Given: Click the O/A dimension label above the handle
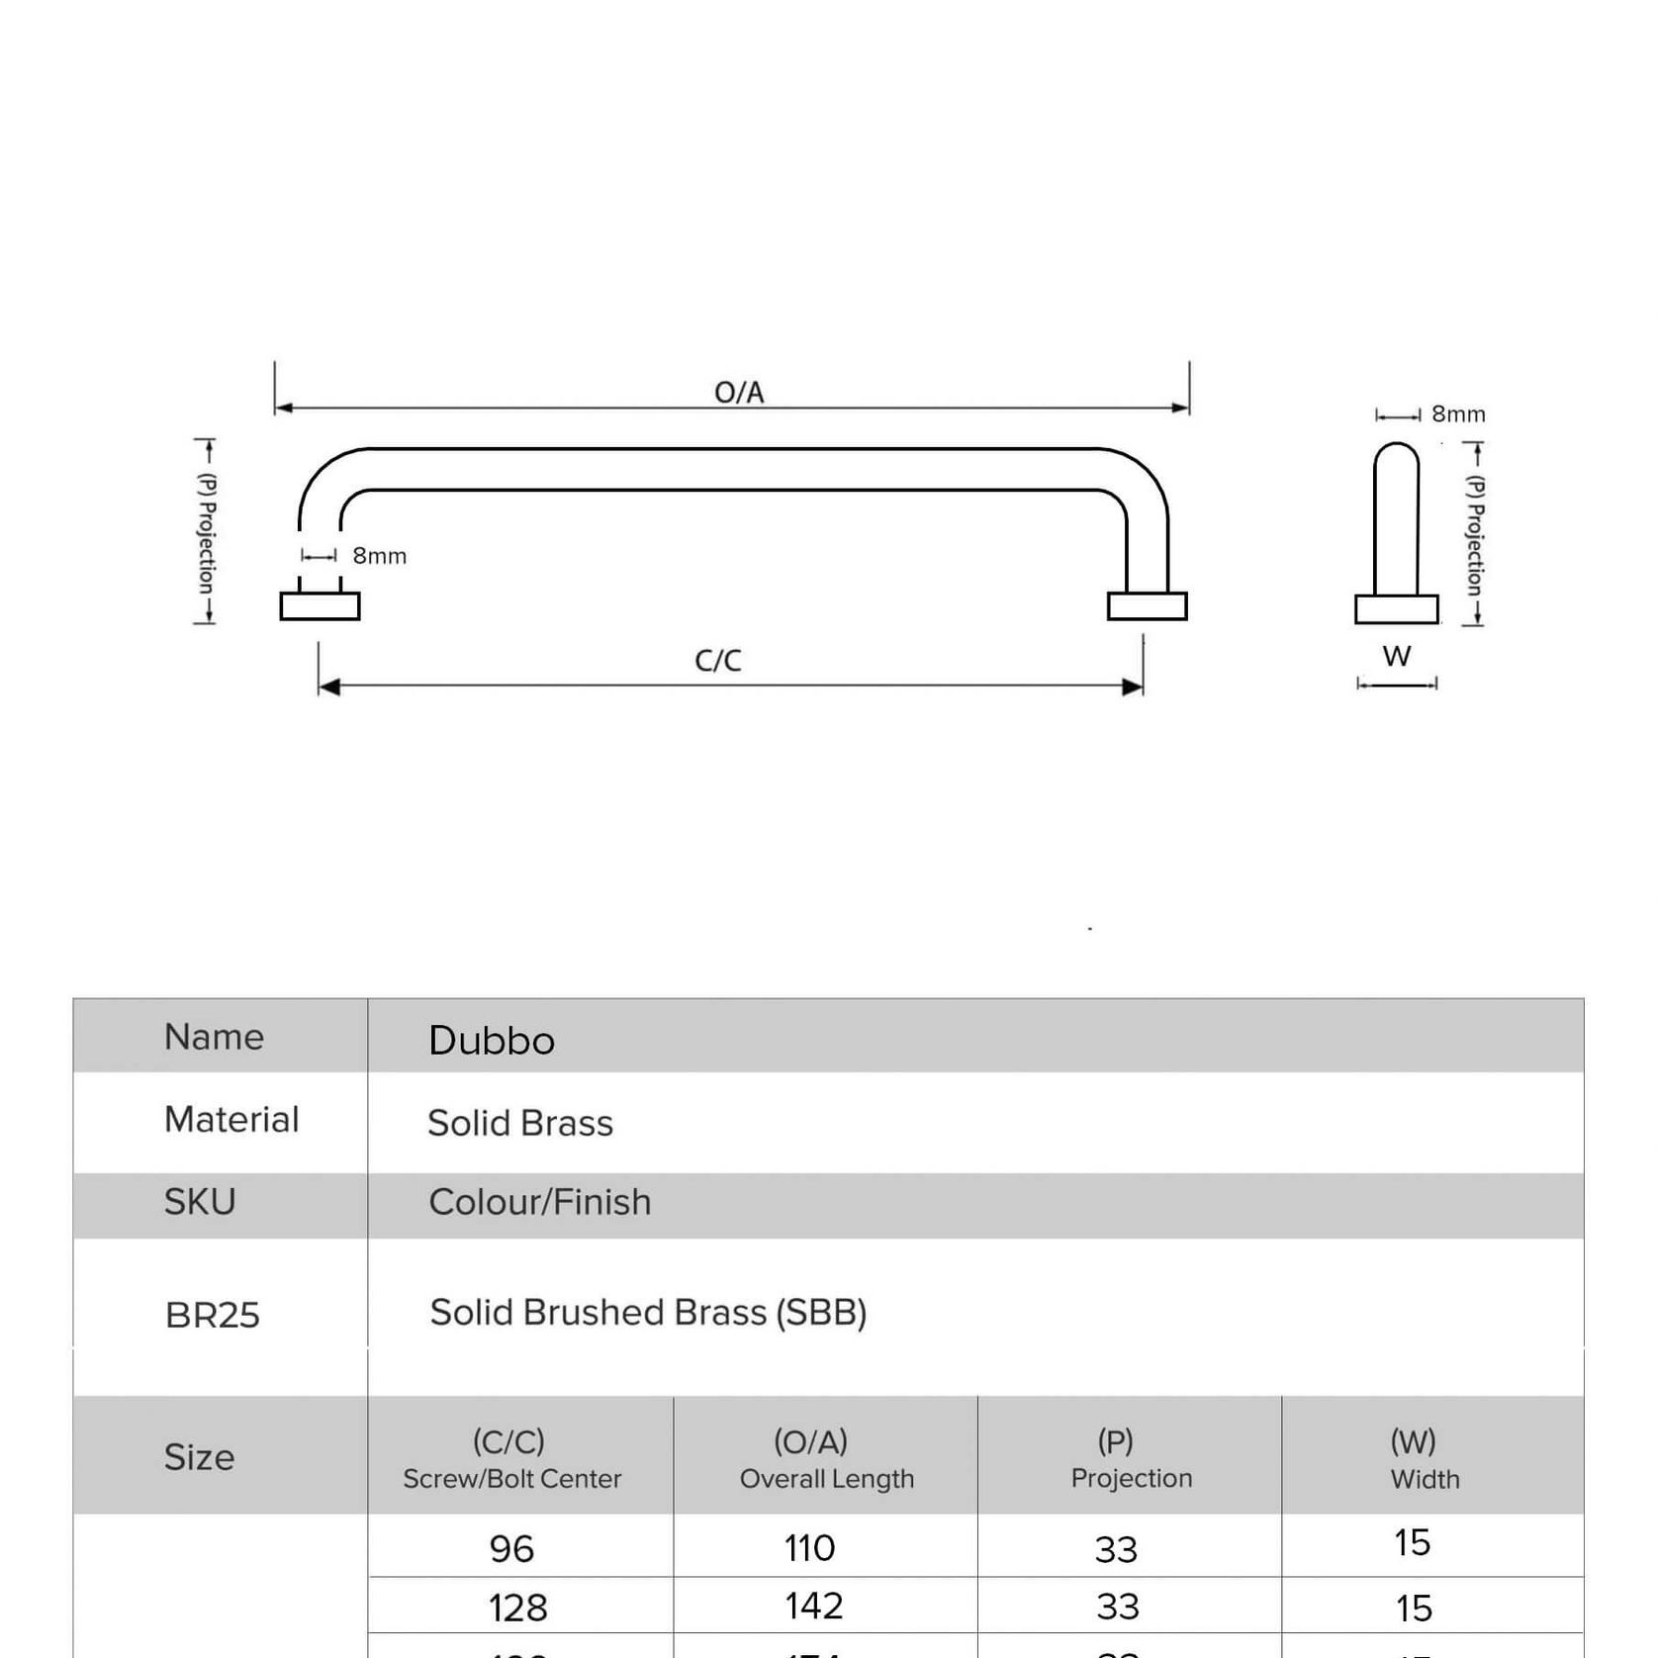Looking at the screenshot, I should [x=739, y=393].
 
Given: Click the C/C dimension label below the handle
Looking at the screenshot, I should [x=718, y=660].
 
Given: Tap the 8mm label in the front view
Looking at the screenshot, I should [x=379, y=556].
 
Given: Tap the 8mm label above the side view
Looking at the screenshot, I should [x=1458, y=414].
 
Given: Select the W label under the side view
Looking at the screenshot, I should [x=1396, y=656].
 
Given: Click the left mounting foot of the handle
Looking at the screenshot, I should [x=320, y=606].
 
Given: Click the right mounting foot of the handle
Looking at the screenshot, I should [x=1147, y=606].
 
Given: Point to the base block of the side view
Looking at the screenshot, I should [x=1396, y=609].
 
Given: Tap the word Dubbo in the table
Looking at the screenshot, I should [x=492, y=1041].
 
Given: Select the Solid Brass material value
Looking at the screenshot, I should [x=520, y=1123].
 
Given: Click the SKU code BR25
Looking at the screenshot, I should [x=212, y=1315].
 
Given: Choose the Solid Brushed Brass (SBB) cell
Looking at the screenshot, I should [x=648, y=1313].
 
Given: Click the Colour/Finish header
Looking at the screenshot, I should [x=540, y=1202].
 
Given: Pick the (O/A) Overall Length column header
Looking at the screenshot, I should [x=826, y=1458].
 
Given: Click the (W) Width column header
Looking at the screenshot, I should [x=1424, y=1458].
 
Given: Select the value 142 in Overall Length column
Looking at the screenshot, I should [x=814, y=1606].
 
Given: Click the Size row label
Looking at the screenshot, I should [x=199, y=1457].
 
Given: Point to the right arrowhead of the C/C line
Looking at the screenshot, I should [x=1134, y=687].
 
